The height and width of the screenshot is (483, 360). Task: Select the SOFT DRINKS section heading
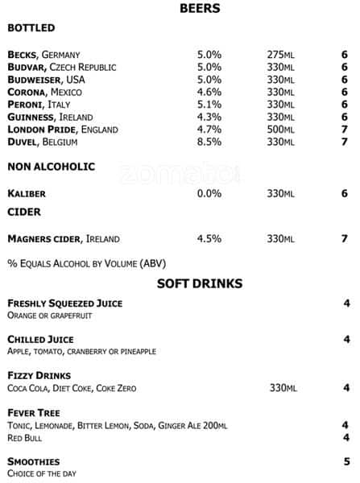(x=199, y=283)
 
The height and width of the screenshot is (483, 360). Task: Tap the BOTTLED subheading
(x=31, y=28)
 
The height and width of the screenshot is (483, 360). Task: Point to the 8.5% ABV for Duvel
(x=209, y=142)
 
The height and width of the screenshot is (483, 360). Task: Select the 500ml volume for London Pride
(x=281, y=130)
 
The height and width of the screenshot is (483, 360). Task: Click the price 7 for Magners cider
(x=344, y=239)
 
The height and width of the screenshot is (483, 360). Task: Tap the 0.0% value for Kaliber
(x=209, y=194)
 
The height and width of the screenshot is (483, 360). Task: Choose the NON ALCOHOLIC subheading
(x=51, y=167)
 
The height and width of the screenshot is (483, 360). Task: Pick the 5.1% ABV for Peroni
(x=209, y=105)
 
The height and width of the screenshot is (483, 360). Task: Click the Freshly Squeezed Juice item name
(x=64, y=303)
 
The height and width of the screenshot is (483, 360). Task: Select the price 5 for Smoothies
(x=346, y=462)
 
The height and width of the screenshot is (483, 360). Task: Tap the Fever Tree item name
(x=35, y=413)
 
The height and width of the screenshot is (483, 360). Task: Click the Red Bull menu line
(x=24, y=438)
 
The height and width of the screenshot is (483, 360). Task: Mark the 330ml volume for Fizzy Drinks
(x=283, y=389)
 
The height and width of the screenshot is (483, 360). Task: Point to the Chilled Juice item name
(x=40, y=340)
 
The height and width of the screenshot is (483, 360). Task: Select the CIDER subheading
(x=23, y=212)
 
